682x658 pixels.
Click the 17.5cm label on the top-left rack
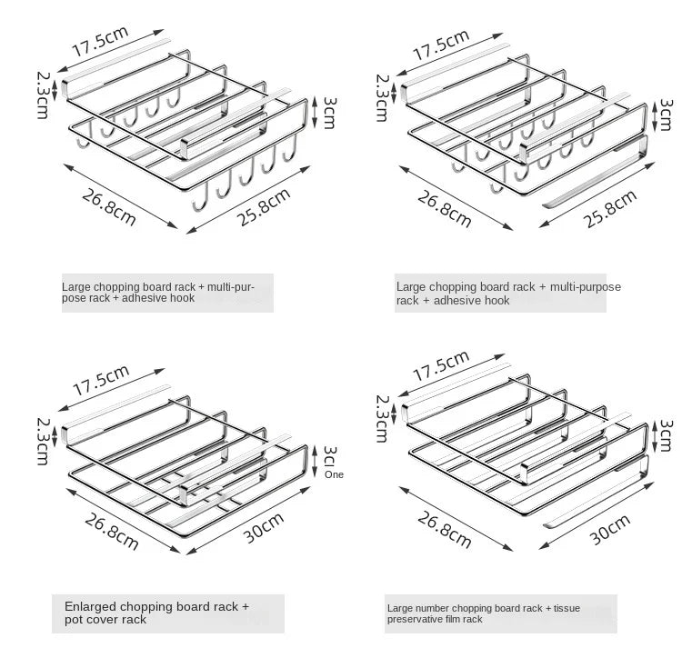tap(99, 43)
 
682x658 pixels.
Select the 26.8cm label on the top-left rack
tap(108, 207)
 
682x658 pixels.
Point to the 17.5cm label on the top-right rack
tap(441, 45)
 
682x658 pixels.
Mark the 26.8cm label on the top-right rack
tap(444, 208)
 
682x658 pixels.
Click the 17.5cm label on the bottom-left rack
tap(101, 378)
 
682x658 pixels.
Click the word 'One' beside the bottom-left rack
tap(335, 474)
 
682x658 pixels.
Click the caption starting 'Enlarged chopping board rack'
tap(156, 613)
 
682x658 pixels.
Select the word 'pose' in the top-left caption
tap(74, 298)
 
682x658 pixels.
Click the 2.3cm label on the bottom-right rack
tap(383, 414)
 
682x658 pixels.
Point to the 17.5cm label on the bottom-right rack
tap(441, 365)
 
